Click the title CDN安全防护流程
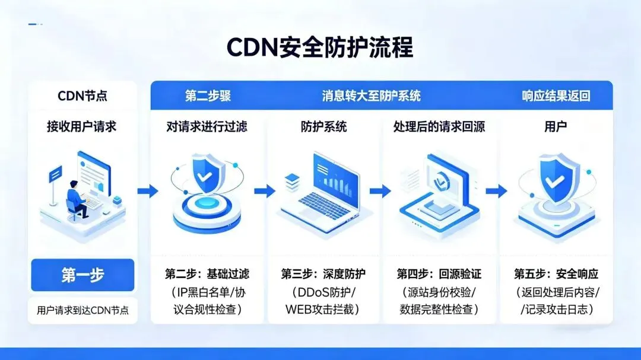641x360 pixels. tap(320, 47)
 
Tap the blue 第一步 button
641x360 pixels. tap(82, 275)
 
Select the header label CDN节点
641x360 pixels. tap(82, 95)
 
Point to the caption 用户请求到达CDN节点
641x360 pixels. tap(82, 310)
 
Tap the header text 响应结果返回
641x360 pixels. tap(556, 95)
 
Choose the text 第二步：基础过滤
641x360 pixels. tap(207, 274)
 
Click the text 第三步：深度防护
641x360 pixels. tap(323, 274)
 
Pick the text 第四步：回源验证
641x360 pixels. tap(439, 274)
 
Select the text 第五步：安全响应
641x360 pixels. tap(556, 274)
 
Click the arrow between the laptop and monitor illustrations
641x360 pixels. tap(380, 191)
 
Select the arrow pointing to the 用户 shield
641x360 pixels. tap(496, 191)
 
